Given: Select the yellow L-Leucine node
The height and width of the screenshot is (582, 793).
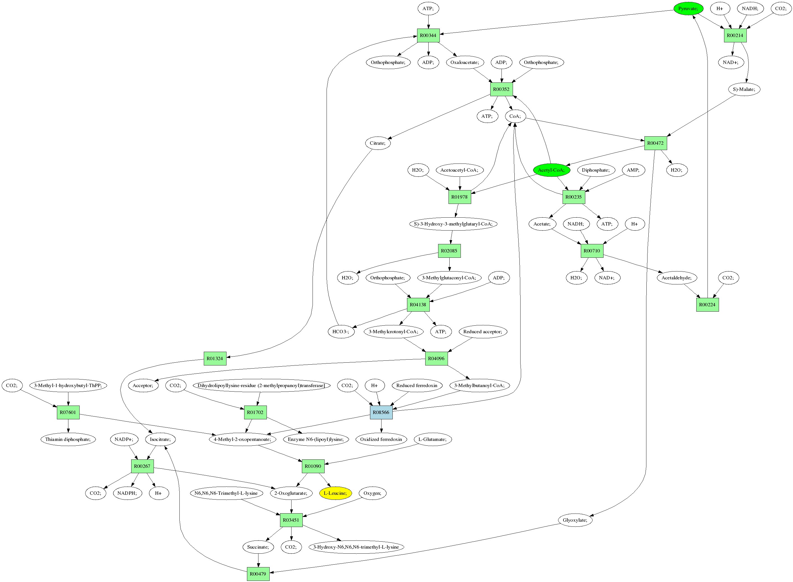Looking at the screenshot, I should tap(335, 493).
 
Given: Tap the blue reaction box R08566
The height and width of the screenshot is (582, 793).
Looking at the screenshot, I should tap(381, 412).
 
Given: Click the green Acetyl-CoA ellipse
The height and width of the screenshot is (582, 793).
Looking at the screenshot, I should tap(551, 170).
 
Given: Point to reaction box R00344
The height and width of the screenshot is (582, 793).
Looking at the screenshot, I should tap(428, 35).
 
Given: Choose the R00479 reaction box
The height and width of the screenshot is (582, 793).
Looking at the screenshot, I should tap(258, 574).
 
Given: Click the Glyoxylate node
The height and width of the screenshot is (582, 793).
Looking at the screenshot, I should tap(575, 520).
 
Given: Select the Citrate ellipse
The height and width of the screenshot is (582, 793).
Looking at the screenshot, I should tap(378, 143).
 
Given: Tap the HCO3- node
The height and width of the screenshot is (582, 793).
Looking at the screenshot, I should tap(341, 332).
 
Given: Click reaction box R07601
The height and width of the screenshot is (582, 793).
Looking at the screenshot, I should tap(68, 412).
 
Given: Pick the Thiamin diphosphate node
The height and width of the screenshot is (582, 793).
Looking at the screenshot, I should tap(68, 439).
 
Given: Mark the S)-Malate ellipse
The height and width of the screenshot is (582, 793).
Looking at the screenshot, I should tap(744, 89).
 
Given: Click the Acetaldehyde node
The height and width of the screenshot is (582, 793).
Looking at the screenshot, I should tap(676, 278).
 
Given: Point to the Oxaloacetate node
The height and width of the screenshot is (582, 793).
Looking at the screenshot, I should tap(465, 62).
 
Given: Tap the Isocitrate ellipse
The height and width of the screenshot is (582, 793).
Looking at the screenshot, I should tap(160, 439).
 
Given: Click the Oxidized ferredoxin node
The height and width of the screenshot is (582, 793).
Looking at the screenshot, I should tap(381, 439).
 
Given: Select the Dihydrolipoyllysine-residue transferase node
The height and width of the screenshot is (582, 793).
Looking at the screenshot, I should tap(261, 385).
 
